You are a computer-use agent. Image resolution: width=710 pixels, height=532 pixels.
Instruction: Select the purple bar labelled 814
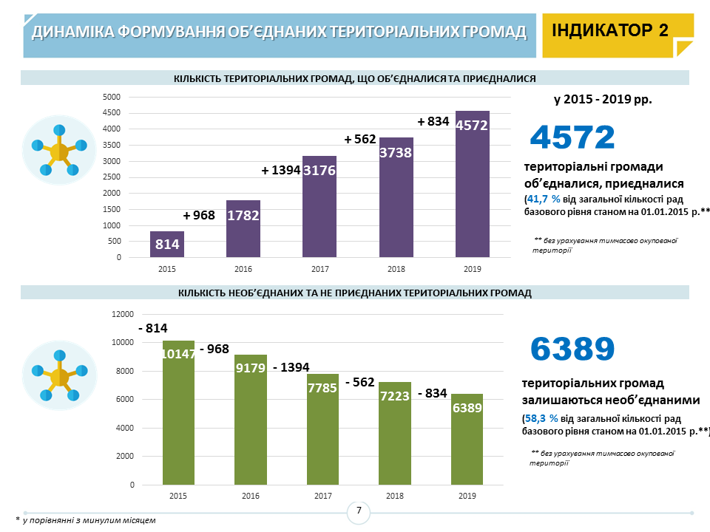click(167, 245)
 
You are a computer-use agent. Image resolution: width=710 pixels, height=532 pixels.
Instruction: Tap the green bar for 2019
click(467, 439)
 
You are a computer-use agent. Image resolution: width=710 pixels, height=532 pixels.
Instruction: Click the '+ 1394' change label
click(281, 170)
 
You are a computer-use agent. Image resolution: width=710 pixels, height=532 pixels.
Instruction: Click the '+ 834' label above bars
click(433, 121)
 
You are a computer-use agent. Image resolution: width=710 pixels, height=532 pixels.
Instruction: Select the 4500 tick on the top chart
click(112, 113)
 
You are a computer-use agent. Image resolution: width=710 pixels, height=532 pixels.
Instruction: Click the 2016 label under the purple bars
click(243, 269)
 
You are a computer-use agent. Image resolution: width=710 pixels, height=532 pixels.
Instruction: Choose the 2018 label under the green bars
click(395, 496)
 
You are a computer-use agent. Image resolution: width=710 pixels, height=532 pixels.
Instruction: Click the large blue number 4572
click(573, 137)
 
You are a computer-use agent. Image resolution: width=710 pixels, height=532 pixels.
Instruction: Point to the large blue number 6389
click(573, 349)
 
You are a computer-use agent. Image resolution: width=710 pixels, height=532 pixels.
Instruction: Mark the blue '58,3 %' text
click(543, 417)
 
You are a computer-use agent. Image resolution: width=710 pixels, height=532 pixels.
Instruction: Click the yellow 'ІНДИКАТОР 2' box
click(617, 32)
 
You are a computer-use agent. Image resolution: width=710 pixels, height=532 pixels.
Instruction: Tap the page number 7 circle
click(359, 511)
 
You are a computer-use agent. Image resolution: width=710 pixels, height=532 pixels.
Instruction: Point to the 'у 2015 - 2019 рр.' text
click(603, 98)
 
